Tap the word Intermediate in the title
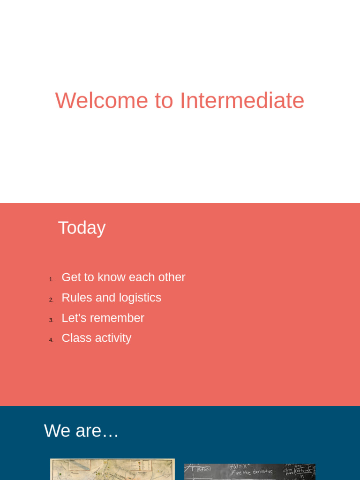coord(242,101)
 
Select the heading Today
coord(82,228)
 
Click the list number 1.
coord(51,280)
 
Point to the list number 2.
coord(51,300)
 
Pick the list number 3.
coord(51,320)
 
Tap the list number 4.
coord(51,340)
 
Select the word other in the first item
coord(172,277)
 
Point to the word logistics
coord(140,298)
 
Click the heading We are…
coord(81,431)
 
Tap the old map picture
coord(112,470)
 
